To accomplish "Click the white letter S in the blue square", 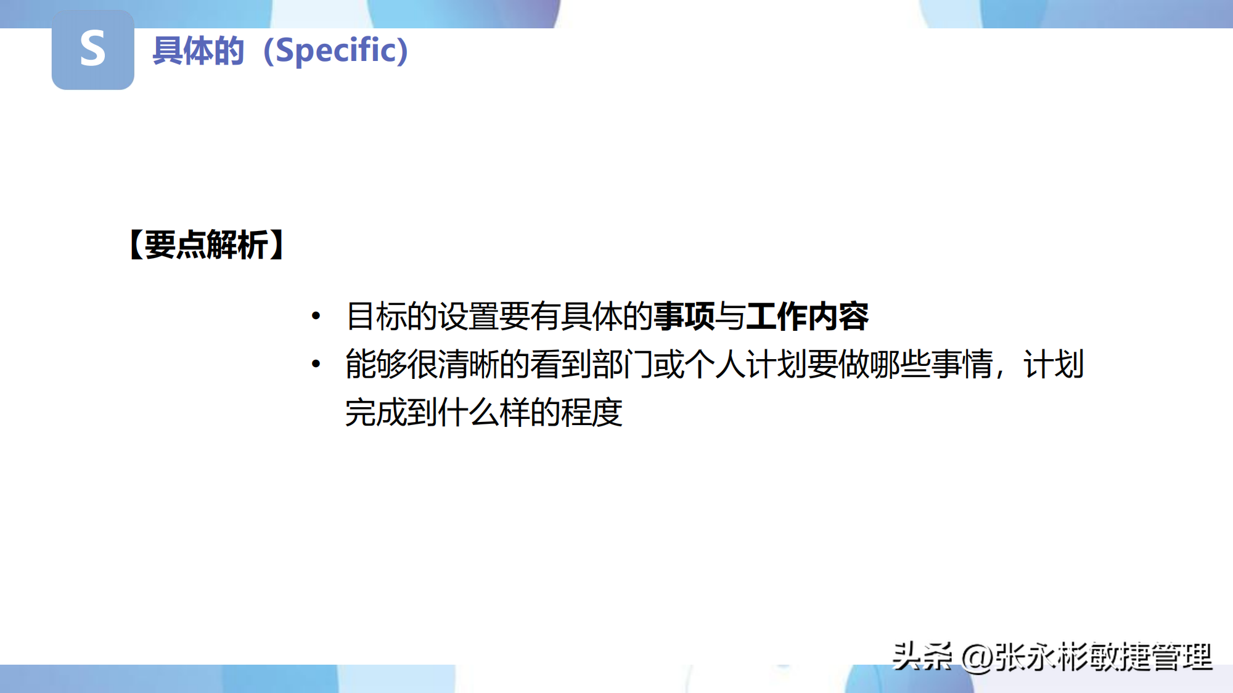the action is click(92, 49).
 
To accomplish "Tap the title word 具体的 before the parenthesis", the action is click(199, 51).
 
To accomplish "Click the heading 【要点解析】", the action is click(207, 245).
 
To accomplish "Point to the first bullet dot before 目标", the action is click(316, 317).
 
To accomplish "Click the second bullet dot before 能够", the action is click(316, 364).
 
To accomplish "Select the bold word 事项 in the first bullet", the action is click(684, 316).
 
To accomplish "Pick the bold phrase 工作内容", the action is click(807, 316).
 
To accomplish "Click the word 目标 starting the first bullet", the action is click(376, 316).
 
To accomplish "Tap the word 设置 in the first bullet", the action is click(469, 316).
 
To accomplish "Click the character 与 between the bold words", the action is click(731, 316).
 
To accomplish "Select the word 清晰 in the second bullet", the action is click(469, 364).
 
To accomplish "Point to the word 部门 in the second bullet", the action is click(623, 364).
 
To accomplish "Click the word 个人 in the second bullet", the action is click(715, 364).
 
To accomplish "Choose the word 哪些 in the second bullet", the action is click(900, 364).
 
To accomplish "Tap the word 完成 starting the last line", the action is click(376, 412).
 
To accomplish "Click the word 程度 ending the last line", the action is click(592, 412).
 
